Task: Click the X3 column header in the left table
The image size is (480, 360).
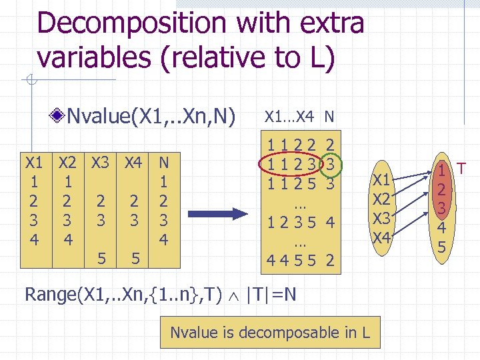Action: (x=101, y=162)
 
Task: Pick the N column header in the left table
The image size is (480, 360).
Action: (x=163, y=162)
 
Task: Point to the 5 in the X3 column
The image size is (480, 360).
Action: (x=101, y=256)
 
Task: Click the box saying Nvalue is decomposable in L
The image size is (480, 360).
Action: (x=270, y=331)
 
